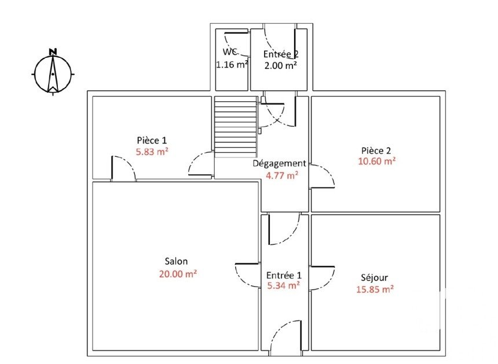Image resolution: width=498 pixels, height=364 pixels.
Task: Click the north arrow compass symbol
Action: [x=53, y=74]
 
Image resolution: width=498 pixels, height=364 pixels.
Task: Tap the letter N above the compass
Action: [x=53, y=52]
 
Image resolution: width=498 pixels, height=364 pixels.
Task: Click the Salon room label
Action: [x=176, y=261]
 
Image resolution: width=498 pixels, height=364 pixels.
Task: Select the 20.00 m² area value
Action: [x=178, y=274]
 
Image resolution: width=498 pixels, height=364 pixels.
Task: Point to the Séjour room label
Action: [x=375, y=278]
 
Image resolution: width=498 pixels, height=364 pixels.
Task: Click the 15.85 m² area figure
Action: [x=375, y=289]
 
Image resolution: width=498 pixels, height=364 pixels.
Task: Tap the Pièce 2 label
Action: [x=376, y=150]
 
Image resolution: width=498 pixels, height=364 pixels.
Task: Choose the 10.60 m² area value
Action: [x=376, y=161]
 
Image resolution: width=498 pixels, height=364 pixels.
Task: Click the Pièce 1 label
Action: [x=152, y=140]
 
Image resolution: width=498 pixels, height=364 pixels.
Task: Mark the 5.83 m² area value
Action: [x=152, y=152]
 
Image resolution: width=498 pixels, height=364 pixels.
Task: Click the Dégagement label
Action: [x=280, y=164]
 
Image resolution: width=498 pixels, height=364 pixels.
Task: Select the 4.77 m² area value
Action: [x=282, y=175]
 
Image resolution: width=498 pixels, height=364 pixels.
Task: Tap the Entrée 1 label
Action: [x=284, y=275]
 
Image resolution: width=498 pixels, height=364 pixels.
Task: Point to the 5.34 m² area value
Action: [x=284, y=286]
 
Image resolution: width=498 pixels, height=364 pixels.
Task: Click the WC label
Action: [x=230, y=52]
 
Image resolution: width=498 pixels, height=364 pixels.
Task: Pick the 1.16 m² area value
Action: [x=232, y=65]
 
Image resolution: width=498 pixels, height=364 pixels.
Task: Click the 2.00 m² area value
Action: [x=281, y=65]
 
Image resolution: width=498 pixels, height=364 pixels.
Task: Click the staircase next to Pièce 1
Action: [x=235, y=127]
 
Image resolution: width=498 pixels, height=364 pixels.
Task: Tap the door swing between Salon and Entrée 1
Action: [x=247, y=275]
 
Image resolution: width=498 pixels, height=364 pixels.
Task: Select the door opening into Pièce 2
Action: [x=322, y=177]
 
